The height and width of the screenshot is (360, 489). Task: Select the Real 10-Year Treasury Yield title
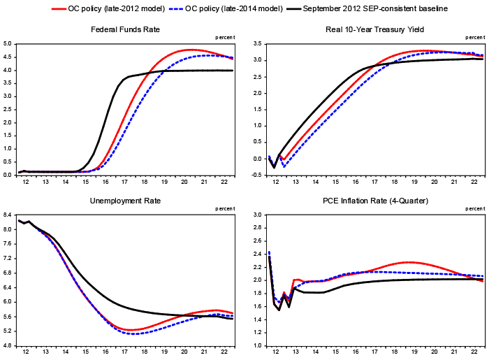click(374, 29)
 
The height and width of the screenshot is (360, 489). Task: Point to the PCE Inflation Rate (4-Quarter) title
click(374, 201)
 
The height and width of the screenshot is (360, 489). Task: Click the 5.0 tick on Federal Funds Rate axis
click(8, 44)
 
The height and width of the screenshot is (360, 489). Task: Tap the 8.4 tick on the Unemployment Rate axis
click(8, 215)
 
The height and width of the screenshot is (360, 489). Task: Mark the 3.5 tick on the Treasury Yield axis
click(256, 44)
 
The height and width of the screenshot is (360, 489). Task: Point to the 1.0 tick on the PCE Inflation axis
click(256, 345)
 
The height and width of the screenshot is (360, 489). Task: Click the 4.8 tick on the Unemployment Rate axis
click(8, 345)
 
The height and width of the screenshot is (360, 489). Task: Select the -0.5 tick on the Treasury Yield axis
click(256, 175)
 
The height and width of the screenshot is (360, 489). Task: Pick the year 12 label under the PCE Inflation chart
click(275, 352)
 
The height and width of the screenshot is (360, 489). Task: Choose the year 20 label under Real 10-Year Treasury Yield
click(435, 182)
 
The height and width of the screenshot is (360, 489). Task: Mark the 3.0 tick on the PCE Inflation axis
click(256, 215)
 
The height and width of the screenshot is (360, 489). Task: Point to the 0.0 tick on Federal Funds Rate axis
click(8, 175)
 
